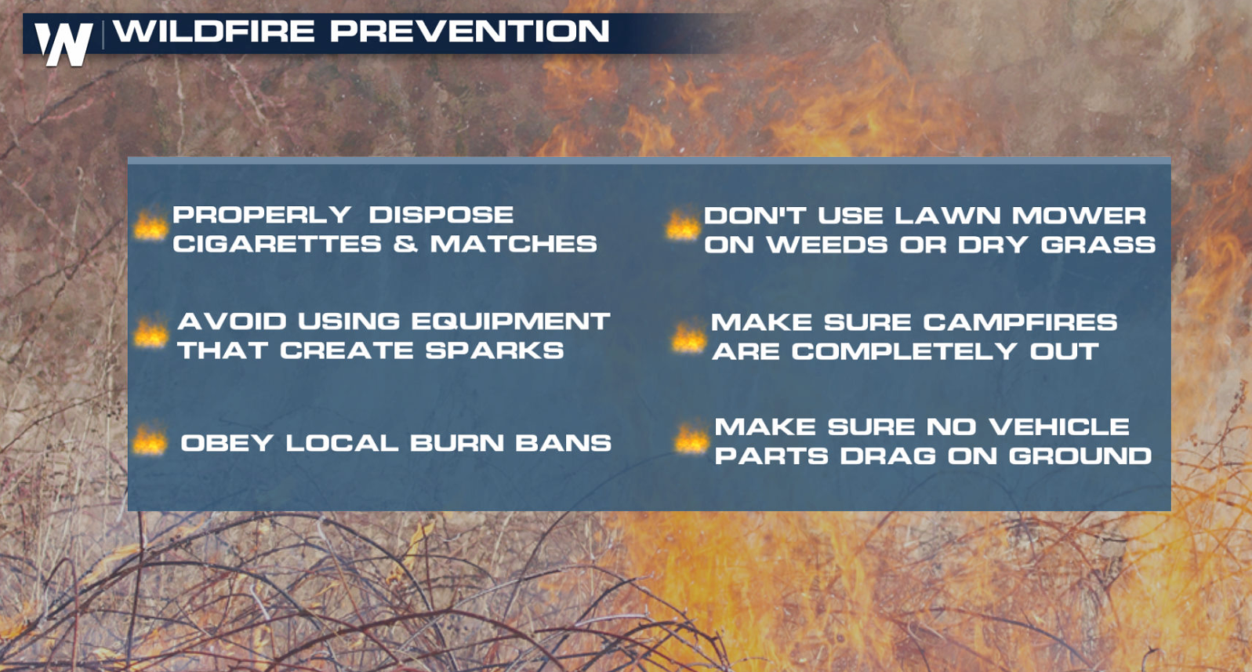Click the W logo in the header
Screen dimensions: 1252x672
(64, 44)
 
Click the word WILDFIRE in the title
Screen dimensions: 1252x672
(214, 31)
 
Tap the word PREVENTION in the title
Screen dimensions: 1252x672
(470, 31)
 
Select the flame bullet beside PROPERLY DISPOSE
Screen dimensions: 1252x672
(151, 226)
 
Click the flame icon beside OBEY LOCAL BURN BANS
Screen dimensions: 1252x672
(150, 441)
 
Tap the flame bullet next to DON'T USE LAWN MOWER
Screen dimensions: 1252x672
(683, 226)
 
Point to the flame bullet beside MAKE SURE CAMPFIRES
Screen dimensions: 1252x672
(688, 337)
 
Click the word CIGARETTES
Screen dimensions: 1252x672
(278, 245)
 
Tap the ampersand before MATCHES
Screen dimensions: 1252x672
(405, 245)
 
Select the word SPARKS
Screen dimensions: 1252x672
(494, 351)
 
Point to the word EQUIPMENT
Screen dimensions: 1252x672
(510, 321)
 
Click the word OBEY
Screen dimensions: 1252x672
(227, 443)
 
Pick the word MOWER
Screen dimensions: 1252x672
(1080, 216)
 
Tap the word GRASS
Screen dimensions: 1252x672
(1098, 245)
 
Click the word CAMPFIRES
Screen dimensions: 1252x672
(1020, 322)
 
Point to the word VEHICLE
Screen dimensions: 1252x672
(1059, 427)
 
